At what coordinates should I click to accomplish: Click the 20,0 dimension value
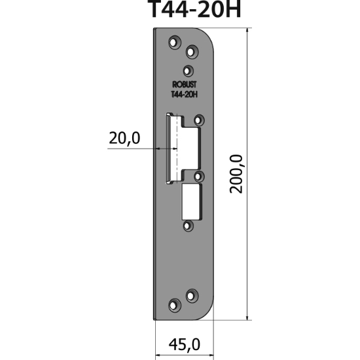tap(125, 138)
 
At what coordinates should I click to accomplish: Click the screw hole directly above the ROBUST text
tap(189, 71)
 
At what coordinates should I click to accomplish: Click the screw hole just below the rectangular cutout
tap(189, 225)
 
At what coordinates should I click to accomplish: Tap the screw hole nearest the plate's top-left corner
tap(174, 43)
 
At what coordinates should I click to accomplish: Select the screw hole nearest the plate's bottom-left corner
tap(174, 304)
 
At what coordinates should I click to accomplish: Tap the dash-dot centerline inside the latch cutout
tap(175, 147)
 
